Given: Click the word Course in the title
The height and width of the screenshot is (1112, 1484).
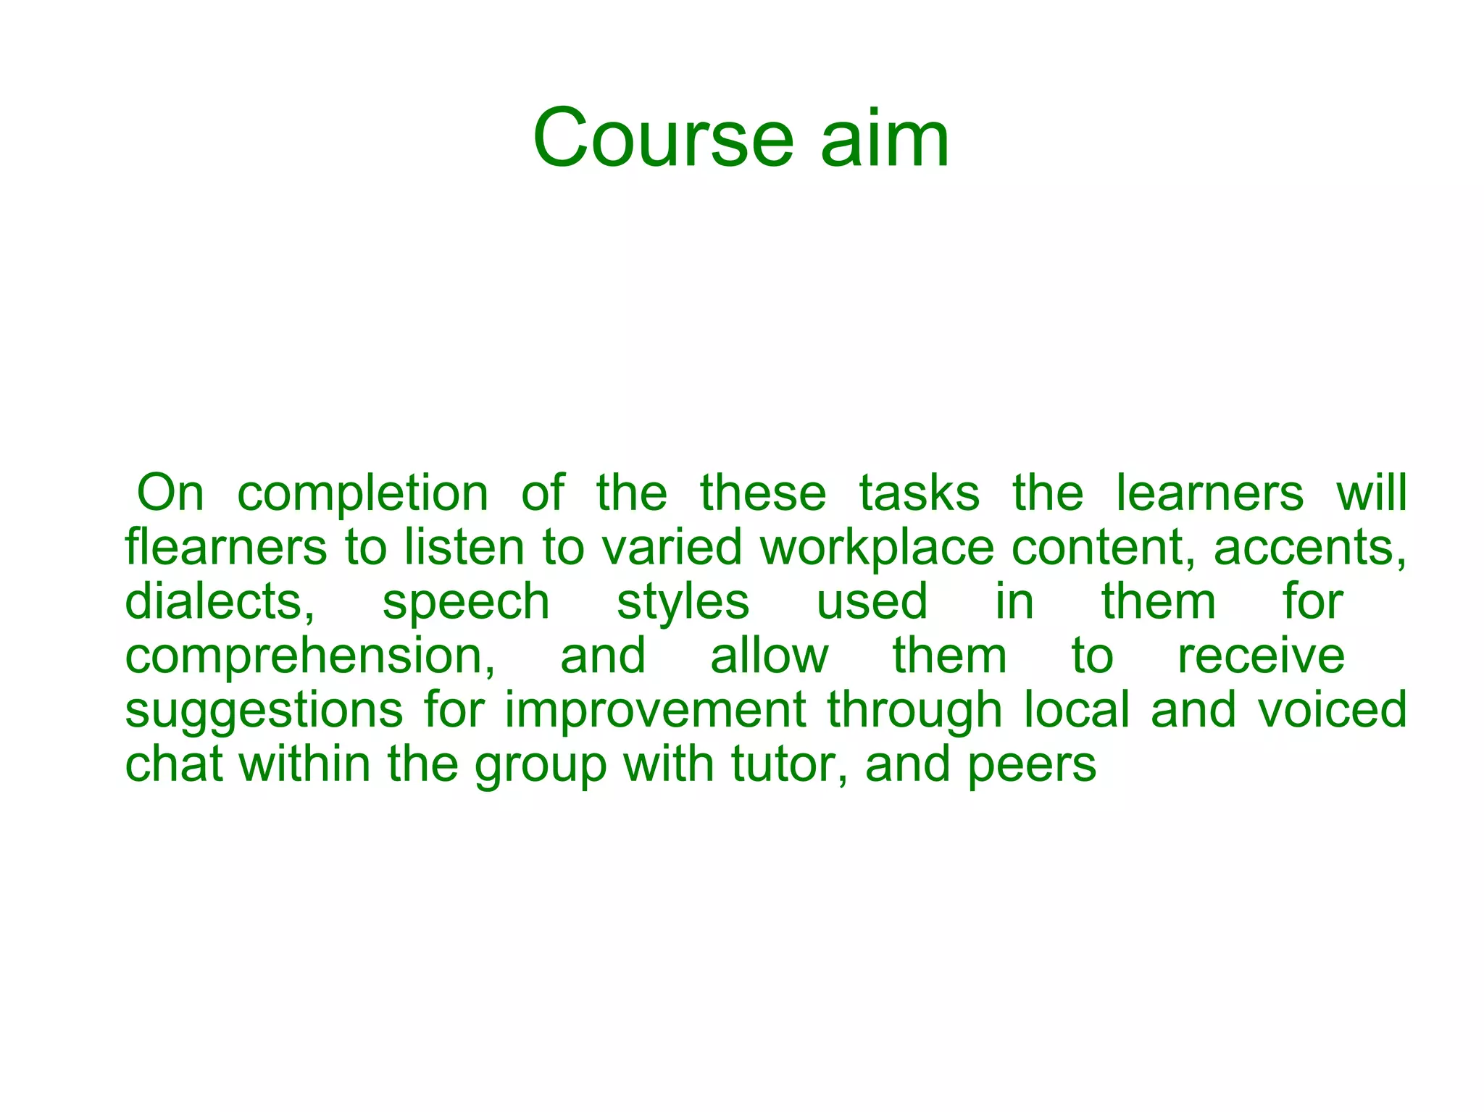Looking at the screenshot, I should pyautogui.click(x=663, y=138).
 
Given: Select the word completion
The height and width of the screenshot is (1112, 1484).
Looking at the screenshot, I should pyautogui.click(x=363, y=494).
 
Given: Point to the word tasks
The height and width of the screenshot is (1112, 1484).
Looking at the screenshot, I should pyautogui.click(x=919, y=493).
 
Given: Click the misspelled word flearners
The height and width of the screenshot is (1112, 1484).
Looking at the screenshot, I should pyautogui.click(x=226, y=547).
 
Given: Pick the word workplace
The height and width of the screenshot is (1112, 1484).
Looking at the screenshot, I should pyautogui.click(x=877, y=548).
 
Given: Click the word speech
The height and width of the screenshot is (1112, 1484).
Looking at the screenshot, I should pyautogui.click(x=466, y=603).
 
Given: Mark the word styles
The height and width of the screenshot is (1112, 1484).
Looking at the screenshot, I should pyautogui.click(x=683, y=603).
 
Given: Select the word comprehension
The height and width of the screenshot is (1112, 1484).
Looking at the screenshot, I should pyautogui.click(x=310, y=657).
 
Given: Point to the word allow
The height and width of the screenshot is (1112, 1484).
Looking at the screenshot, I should pyautogui.click(x=769, y=656).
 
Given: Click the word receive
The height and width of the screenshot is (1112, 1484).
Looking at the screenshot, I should pyautogui.click(x=1261, y=656).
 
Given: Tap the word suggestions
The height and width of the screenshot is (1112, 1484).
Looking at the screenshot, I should pyautogui.click(x=264, y=711).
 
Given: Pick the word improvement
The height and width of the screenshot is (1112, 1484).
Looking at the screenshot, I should pyautogui.click(x=655, y=710).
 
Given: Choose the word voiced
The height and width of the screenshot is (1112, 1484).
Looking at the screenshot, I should pyautogui.click(x=1332, y=710).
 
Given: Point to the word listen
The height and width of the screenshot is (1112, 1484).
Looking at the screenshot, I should pyautogui.click(x=464, y=547).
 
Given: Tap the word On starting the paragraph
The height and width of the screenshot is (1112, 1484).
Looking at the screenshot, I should pyautogui.click(x=170, y=493).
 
